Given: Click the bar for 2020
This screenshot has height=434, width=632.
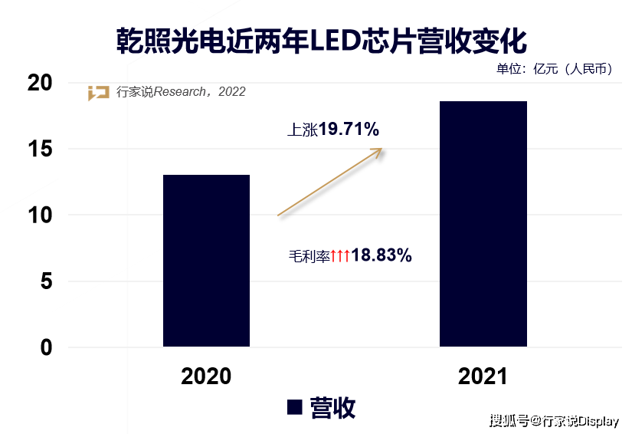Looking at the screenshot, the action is [206, 261].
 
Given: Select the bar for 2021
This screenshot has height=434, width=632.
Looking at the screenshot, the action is [483, 224].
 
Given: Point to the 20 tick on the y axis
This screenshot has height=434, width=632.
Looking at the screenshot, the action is [40, 83].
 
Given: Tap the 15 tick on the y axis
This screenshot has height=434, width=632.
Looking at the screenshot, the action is [40, 149].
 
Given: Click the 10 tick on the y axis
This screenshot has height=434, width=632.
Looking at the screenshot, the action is [40, 215].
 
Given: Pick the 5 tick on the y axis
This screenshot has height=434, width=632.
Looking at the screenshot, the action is [47, 281].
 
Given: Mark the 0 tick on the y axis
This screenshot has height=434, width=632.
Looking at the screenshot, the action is [47, 347].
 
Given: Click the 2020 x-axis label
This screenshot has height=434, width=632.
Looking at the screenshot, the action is [206, 376].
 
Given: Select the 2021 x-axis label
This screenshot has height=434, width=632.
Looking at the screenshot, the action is [483, 376].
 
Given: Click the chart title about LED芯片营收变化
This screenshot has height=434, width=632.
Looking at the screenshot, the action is [321, 41].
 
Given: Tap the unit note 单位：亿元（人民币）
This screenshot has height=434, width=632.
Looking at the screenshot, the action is [555, 69].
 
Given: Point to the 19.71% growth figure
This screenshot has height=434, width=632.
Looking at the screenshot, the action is [349, 129].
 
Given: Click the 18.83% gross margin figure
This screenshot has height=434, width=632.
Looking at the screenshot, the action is [381, 255].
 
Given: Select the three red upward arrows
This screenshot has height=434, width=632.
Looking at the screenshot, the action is [340, 255].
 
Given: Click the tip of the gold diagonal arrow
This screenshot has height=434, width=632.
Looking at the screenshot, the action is [381, 149].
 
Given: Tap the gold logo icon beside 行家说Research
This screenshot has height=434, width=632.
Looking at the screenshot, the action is [98, 93].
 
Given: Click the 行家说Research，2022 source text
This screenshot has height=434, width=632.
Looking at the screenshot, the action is [181, 92].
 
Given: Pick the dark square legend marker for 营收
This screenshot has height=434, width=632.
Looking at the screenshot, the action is [295, 407].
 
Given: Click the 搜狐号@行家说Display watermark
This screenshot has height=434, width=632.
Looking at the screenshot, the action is [554, 421].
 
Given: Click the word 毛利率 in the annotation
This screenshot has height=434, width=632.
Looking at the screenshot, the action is [309, 256].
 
